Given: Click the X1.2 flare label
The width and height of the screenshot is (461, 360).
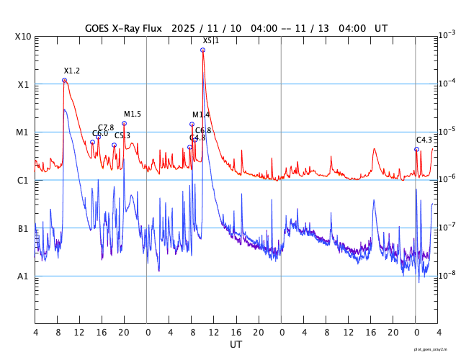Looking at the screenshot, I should click(x=72, y=71).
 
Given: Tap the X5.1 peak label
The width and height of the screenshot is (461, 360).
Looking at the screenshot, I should click(x=210, y=40).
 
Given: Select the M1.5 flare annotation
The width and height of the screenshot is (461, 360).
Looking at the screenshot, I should click(x=133, y=114).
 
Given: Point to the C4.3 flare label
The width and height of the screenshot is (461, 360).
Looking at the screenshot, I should click(x=424, y=140).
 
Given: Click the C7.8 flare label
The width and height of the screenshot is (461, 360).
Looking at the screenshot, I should click(x=106, y=127).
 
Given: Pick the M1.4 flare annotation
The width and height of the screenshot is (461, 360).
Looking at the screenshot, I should click(x=201, y=114).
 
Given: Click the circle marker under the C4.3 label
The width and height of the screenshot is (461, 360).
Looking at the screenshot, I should click(x=416, y=149).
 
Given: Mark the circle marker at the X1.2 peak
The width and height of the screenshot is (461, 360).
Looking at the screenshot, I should click(x=64, y=80).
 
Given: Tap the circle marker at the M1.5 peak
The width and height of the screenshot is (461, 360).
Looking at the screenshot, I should click(x=124, y=123).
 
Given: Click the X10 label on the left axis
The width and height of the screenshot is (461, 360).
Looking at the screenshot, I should click(x=23, y=36).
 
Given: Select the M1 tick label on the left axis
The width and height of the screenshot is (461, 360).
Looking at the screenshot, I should click(x=23, y=132).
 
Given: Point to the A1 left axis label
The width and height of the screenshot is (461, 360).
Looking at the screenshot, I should click(x=23, y=276).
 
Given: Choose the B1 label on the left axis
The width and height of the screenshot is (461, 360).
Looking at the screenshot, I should click(x=23, y=229).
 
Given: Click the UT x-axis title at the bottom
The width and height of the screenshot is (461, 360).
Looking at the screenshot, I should click(x=236, y=345).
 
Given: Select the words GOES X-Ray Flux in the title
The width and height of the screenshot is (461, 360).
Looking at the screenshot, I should click(x=122, y=29).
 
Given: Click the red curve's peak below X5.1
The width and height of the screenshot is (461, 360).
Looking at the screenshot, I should click(x=202, y=50).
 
